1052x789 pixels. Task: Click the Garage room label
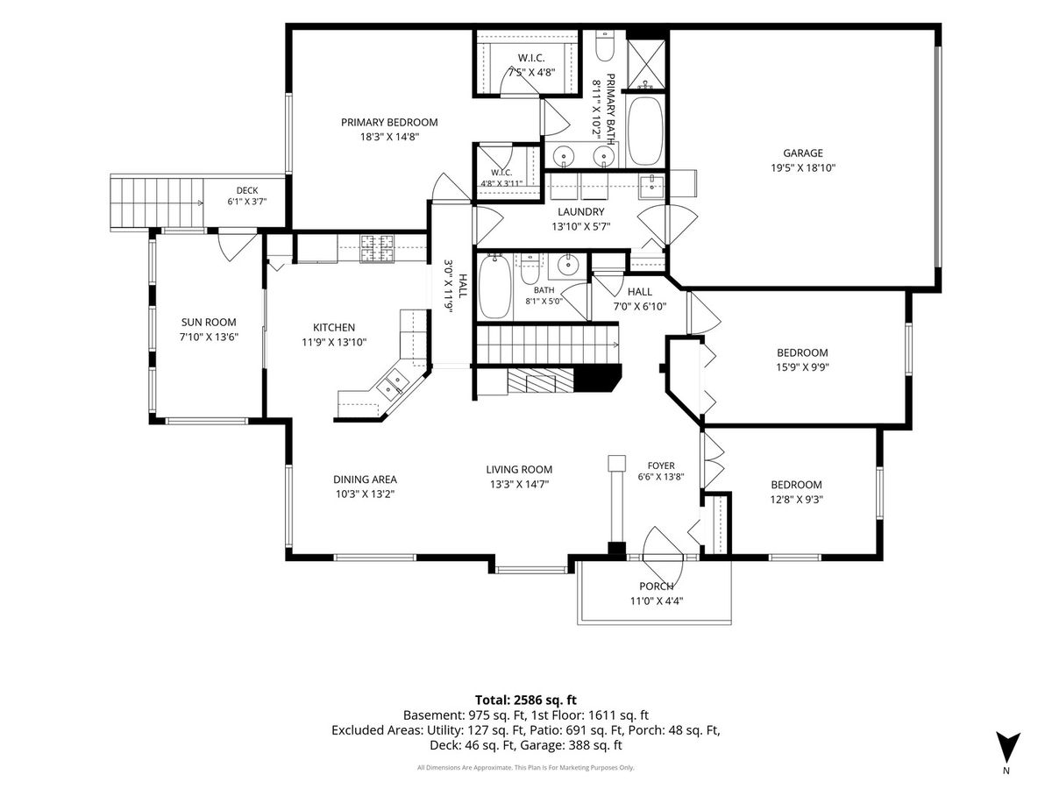point(803,153)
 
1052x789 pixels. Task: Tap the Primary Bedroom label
point(389,123)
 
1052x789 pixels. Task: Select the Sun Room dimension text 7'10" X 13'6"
point(209,338)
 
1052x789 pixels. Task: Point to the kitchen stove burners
point(377,248)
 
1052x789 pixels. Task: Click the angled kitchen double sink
point(393,384)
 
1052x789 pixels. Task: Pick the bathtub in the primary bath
point(645,131)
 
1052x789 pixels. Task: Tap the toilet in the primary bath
point(605,46)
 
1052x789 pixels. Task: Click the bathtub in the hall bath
point(495,287)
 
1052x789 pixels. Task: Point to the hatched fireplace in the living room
point(541,380)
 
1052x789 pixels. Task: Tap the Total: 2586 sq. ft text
point(526,700)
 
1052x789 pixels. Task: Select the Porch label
point(656,586)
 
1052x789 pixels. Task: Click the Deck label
point(247,190)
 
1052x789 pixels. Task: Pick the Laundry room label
point(581,212)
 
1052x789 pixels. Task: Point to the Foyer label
point(661,466)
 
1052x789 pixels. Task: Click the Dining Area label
point(366,480)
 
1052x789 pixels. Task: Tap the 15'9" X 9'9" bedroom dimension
point(803,367)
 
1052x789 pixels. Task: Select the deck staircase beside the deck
point(157,203)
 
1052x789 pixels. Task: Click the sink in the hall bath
point(568,265)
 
